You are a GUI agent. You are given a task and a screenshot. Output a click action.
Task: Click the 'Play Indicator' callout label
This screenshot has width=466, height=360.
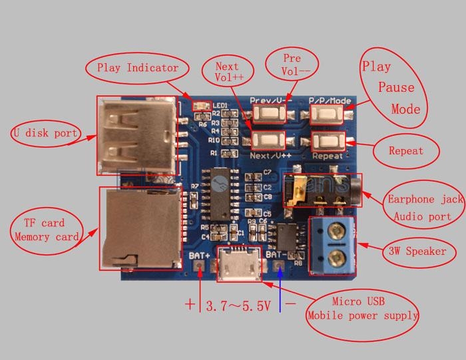point(137,67)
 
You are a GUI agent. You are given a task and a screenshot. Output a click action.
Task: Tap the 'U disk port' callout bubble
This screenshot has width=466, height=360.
point(44,133)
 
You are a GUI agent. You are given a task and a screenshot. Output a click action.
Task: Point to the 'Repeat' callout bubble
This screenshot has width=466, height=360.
point(406,151)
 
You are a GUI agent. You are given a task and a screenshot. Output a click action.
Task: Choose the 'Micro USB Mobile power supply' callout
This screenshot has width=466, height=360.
point(362,309)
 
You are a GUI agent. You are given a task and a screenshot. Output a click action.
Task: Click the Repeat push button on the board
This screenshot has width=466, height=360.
point(328,141)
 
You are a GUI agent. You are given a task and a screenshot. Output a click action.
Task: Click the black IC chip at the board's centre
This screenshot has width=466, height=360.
point(222,190)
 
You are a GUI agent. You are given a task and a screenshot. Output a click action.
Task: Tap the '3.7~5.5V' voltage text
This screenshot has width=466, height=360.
point(238,307)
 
